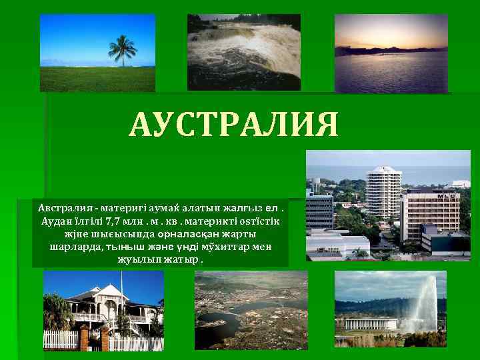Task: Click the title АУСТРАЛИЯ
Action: pos(234,125)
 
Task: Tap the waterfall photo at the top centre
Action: pos(243,52)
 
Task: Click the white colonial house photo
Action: pos(103,310)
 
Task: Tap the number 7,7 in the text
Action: pos(119,221)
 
